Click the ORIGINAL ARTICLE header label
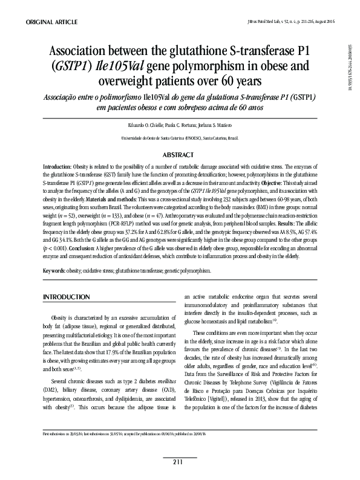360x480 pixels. pyautogui.click(x=51, y=22)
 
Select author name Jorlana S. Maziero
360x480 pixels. pyautogui.click(x=217, y=125)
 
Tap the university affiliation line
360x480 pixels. pyautogui.click(x=180, y=138)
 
